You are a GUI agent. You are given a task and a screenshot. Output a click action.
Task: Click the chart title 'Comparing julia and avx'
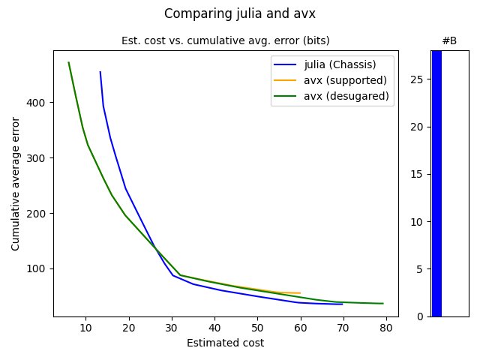240,13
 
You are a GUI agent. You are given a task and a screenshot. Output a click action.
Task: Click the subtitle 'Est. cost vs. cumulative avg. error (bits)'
225,40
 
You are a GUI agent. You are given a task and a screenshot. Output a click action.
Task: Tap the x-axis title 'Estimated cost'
225,343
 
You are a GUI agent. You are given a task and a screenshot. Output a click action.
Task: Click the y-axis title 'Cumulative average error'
16,184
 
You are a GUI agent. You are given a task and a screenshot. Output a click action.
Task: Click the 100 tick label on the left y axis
38,268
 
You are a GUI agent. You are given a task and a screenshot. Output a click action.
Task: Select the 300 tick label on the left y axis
38,157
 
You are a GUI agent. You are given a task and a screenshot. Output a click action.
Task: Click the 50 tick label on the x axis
257,328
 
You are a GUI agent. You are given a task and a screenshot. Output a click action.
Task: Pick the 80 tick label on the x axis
386,328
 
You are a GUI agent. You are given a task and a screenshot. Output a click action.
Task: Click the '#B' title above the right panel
449,40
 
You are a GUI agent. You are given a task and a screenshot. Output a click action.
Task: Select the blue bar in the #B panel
436,184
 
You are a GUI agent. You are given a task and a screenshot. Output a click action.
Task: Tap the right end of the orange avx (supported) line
300,293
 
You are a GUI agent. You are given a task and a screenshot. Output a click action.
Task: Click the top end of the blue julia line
100,72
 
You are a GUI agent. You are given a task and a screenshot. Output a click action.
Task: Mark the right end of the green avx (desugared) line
383,304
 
